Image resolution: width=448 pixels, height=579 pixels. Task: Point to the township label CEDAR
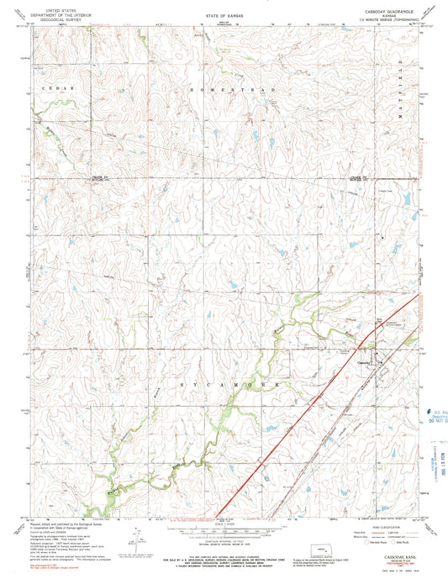[60, 87]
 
